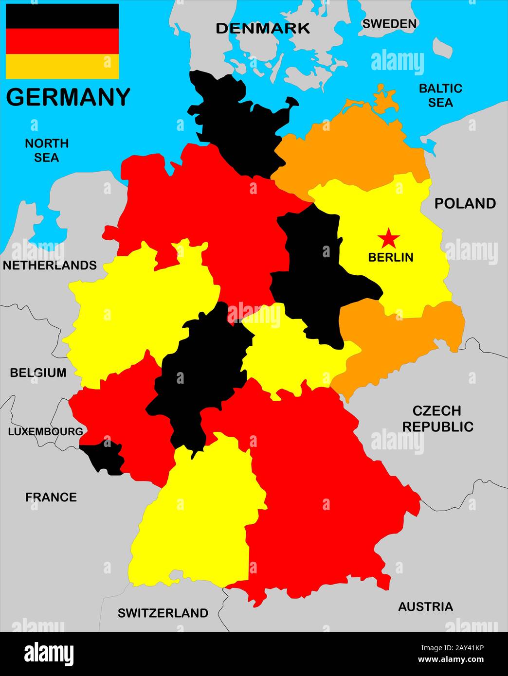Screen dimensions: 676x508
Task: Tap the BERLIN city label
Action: pos(391,257)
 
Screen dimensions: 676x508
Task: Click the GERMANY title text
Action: pos(68,97)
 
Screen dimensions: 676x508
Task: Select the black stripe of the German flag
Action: pos(62,16)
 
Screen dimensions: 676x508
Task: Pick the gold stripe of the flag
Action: pos(62,66)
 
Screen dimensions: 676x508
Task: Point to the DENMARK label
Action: pos(263,28)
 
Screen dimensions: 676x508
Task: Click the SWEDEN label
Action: pos(389,23)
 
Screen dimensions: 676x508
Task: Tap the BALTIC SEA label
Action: pos(440,95)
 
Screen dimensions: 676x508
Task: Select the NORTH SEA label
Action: pos(47,150)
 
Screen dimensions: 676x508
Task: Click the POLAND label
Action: pos(465,203)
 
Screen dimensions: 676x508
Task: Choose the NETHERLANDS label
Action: pos(50,265)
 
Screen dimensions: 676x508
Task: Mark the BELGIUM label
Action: pos(38,373)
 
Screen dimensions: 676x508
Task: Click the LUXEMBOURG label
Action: pos(45,431)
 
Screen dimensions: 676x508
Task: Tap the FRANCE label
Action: pos(51,497)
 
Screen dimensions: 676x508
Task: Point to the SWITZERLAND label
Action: pos(163,613)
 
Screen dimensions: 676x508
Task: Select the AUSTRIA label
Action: pos(425,606)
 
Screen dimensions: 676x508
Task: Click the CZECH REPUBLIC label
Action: pos(437,419)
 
